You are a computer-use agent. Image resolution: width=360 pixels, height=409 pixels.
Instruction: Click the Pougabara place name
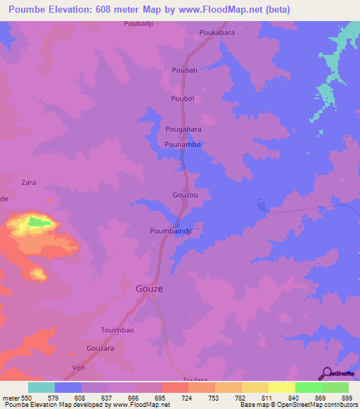pyautogui.click(x=184, y=130)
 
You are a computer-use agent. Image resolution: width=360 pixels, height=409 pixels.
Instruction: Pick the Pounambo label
pyautogui.click(x=183, y=144)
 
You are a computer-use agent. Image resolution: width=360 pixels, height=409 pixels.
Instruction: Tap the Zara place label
pyautogui.click(x=29, y=182)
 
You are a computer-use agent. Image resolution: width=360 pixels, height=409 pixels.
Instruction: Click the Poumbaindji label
pyautogui.click(x=171, y=230)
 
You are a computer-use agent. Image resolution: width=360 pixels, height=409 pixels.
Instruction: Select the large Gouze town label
pyautogui.click(x=149, y=288)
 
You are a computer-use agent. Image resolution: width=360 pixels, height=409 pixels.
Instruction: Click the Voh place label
pyautogui.click(x=79, y=368)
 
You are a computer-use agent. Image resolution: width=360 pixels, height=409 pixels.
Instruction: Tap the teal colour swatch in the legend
pyautogui.click(x=41, y=387)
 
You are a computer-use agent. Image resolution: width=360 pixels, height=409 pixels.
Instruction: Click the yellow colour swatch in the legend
pyautogui.click(x=281, y=387)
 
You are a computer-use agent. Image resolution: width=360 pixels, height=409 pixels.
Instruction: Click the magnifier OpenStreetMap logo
pyautogui.click(x=326, y=372)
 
